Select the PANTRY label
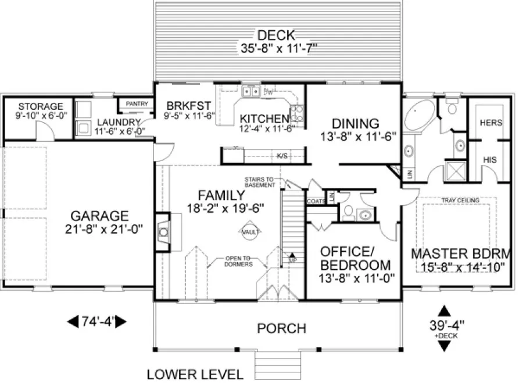tap(137, 104)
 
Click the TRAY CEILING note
tap(460, 201)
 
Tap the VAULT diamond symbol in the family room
tap(249, 233)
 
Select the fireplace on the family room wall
tap(164, 233)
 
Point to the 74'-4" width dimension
tap(98, 320)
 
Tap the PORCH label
tap(281, 328)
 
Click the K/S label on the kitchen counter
tap(282, 156)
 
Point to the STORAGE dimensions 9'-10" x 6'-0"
tap(40, 116)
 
